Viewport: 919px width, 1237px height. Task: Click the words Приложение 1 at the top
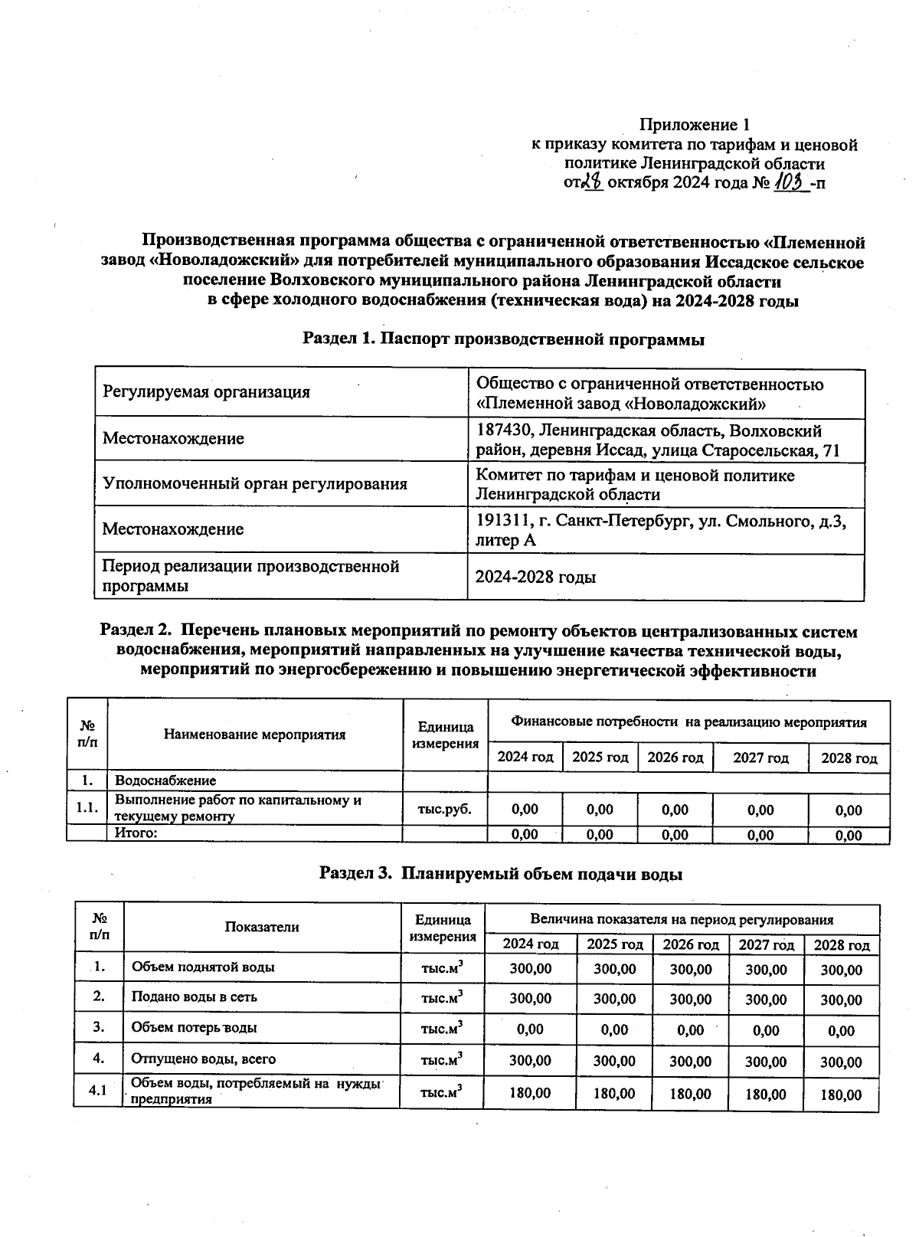coord(694,125)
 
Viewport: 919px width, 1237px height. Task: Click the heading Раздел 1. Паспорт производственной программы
coord(503,339)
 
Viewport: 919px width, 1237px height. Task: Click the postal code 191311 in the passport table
coord(503,521)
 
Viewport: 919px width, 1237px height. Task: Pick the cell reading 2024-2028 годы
coord(535,577)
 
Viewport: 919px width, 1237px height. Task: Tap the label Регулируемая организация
coord(207,392)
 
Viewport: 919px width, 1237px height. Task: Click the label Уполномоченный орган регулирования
coord(255,483)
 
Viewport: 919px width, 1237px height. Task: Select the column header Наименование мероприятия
coord(254,735)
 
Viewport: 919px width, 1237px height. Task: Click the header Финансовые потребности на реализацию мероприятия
coord(688,722)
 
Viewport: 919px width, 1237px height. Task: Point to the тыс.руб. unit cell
coord(444,809)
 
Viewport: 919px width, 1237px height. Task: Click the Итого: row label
coord(136,833)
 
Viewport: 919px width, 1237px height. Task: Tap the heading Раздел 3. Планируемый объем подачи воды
coord(500,873)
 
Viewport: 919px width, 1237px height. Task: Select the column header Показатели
coord(261,927)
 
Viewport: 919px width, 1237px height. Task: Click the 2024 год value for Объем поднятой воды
coord(530,968)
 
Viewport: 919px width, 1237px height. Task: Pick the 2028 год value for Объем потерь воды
coord(841,1031)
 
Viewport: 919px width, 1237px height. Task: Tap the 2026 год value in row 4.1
coord(690,1094)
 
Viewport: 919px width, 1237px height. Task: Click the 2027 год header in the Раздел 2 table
coord(760,758)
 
